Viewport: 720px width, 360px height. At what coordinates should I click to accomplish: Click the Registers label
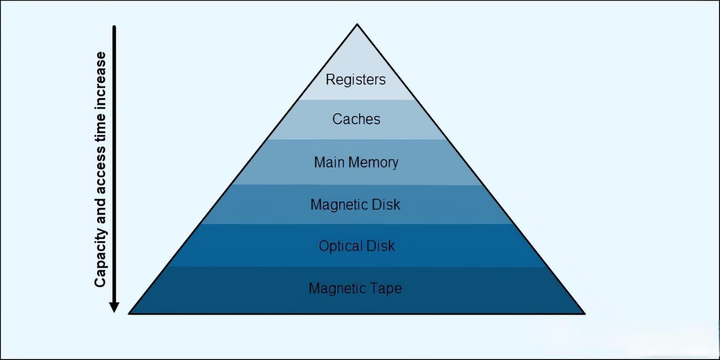[x=355, y=80]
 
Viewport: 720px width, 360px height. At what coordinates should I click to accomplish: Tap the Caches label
[x=356, y=119]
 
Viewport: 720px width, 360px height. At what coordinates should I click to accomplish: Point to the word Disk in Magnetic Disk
[x=386, y=205]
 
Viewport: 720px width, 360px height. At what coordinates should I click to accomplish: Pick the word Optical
[x=341, y=246]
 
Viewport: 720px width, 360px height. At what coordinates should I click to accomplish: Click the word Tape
[x=386, y=288]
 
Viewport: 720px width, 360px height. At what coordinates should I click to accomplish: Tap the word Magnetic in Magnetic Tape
[x=337, y=288]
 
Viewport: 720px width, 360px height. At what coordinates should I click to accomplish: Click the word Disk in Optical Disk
[x=380, y=246]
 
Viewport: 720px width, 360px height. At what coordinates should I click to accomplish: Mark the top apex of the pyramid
[x=357, y=24]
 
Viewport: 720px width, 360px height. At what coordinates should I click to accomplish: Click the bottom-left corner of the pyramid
[x=129, y=313]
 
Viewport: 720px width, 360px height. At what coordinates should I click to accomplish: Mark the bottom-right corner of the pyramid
[x=585, y=313]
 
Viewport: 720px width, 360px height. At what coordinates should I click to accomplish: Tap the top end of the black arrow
[x=114, y=27]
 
